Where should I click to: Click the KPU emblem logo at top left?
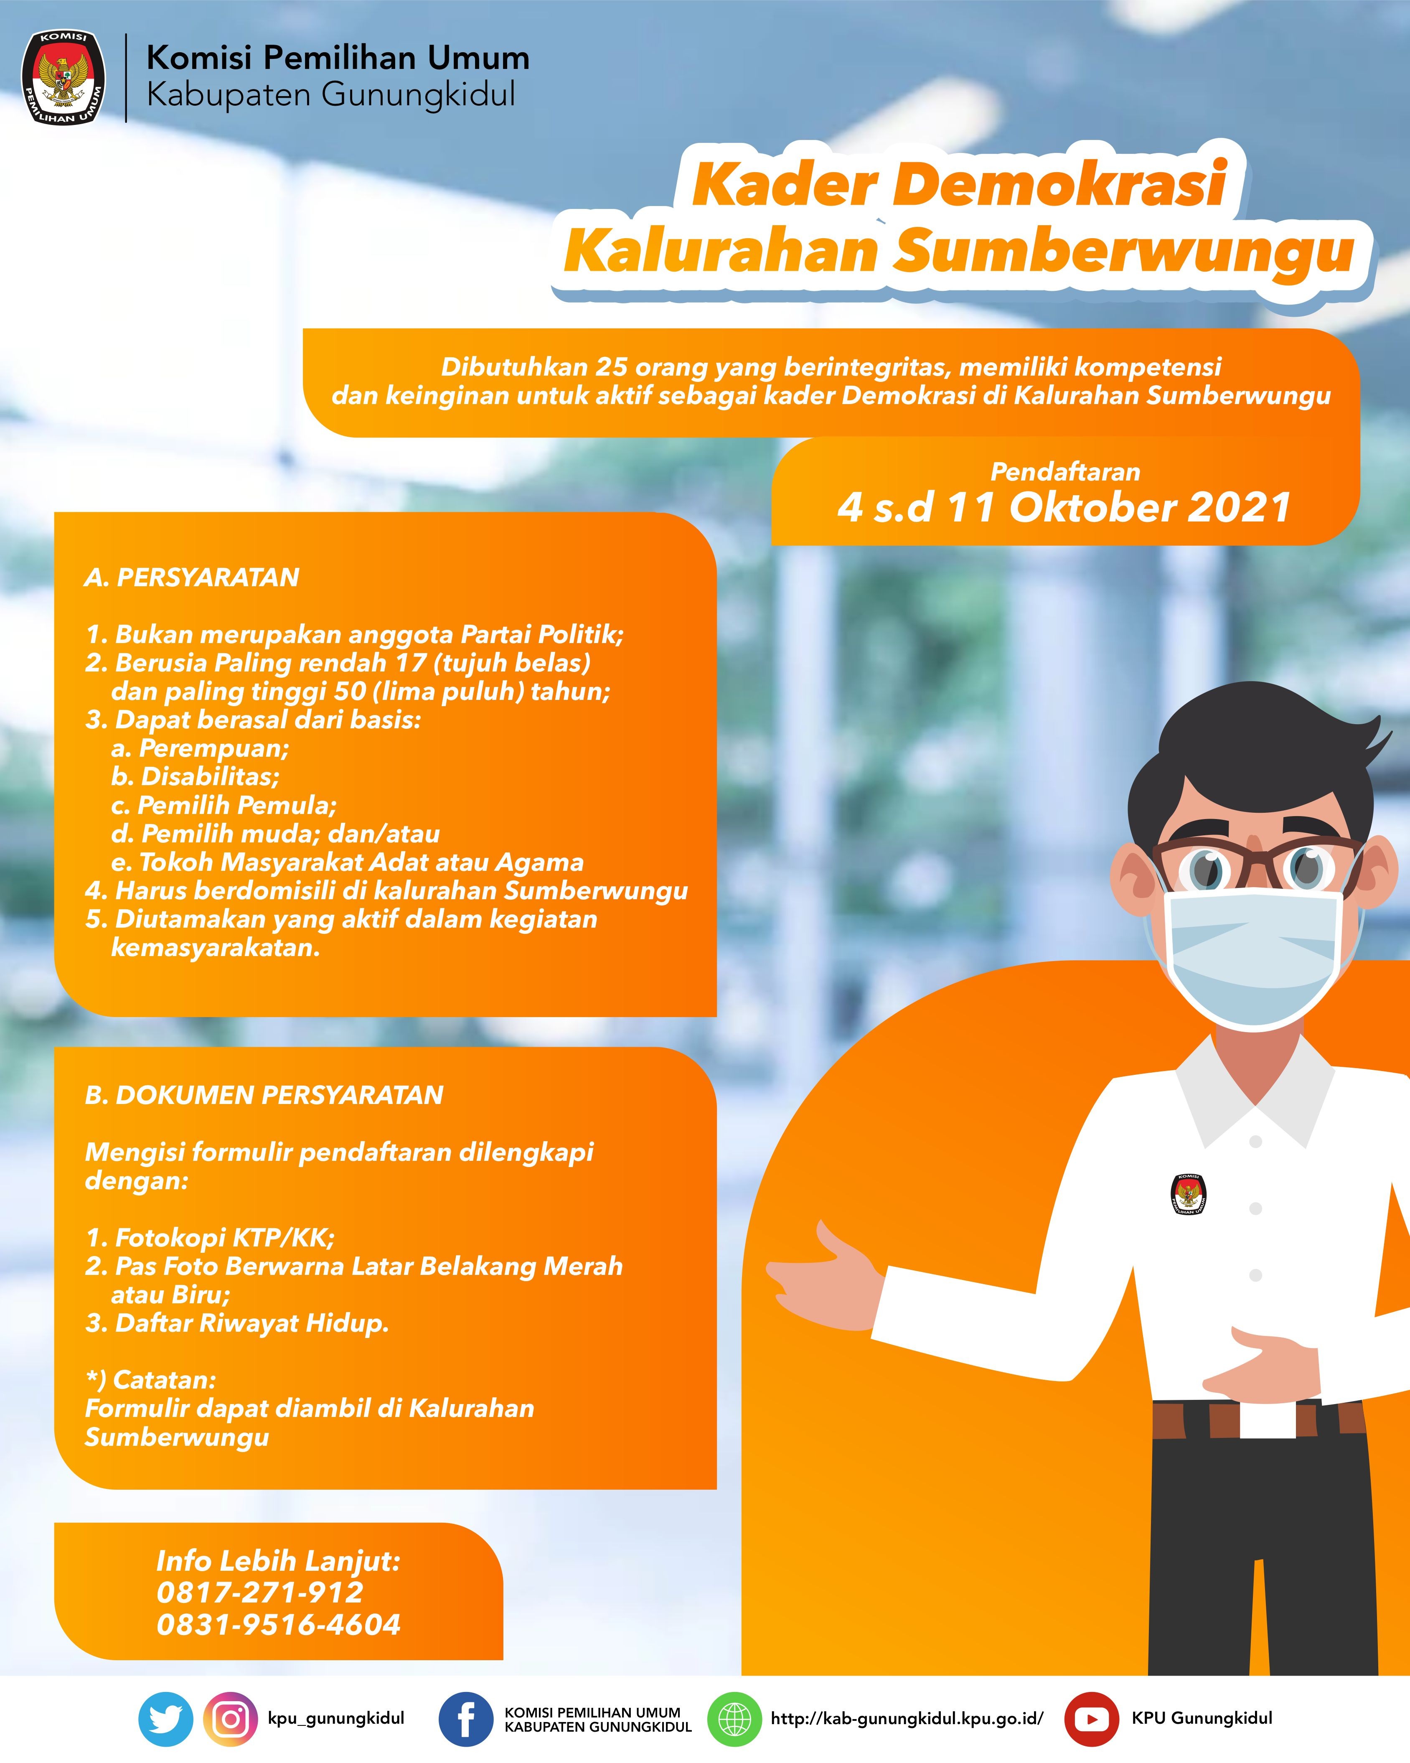[63, 78]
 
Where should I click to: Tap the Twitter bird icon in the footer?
[166, 1719]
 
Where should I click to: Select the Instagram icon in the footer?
[231, 1719]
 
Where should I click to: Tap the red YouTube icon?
[1091, 1719]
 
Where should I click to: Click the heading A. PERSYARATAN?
[192, 577]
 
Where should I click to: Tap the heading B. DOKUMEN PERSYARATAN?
[264, 1095]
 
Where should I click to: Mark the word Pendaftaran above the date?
[1065, 472]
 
